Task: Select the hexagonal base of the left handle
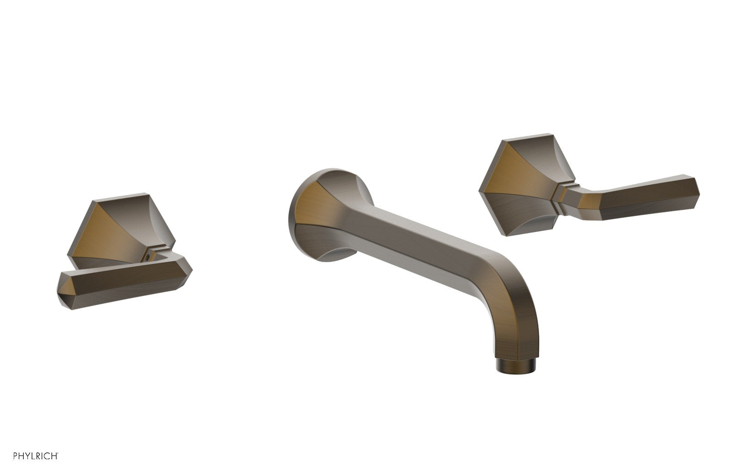pos(121,229)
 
